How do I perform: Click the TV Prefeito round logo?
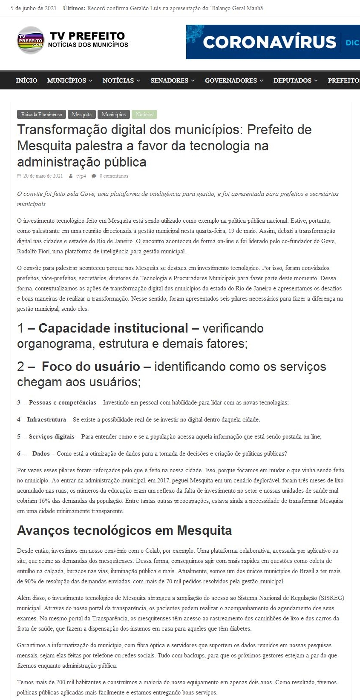(x=30, y=40)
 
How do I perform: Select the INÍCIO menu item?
(x=26, y=80)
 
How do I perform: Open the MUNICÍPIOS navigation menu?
(x=69, y=80)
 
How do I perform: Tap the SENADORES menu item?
(x=172, y=80)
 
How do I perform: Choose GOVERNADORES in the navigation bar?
(x=234, y=80)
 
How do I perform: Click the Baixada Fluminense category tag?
(x=41, y=115)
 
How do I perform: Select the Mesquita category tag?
(x=81, y=115)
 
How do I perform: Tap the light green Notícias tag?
(x=144, y=115)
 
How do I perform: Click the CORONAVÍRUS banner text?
(x=270, y=42)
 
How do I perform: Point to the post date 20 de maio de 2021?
(x=43, y=176)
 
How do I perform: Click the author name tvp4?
(x=81, y=176)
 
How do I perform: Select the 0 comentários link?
(x=114, y=176)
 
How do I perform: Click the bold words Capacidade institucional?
(x=113, y=328)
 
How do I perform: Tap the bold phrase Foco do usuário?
(x=91, y=367)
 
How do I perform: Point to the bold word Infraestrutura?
(x=46, y=419)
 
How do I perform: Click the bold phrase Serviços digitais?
(x=52, y=436)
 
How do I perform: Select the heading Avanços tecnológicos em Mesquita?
(x=124, y=531)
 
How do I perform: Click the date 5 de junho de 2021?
(x=34, y=8)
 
